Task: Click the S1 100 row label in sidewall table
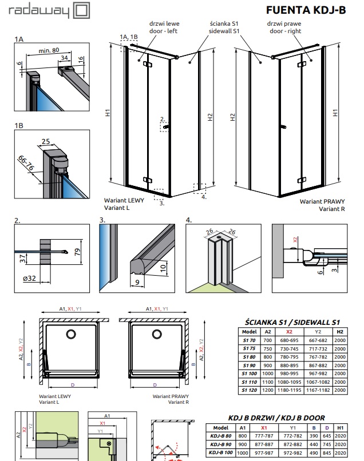pyautogui.click(x=249, y=373)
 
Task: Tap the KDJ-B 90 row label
pyautogui.click(x=220, y=443)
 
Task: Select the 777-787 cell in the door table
pyautogui.click(x=264, y=435)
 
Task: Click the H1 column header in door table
pyautogui.click(x=341, y=427)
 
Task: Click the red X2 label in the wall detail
pyautogui.click(x=295, y=239)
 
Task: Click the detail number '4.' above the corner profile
pyautogui.click(x=189, y=220)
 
